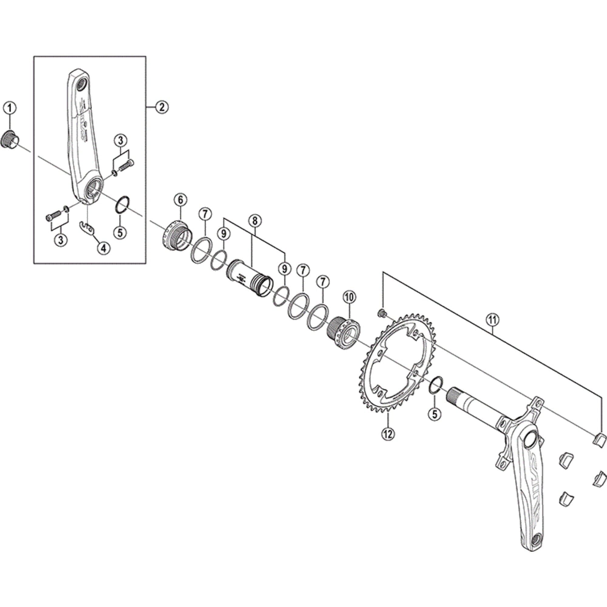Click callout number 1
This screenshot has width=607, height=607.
[9, 108]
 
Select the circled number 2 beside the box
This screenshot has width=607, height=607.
[162, 107]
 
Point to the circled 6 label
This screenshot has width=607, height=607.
[180, 199]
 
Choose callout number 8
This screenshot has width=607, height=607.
[255, 221]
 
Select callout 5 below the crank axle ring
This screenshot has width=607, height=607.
[435, 414]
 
